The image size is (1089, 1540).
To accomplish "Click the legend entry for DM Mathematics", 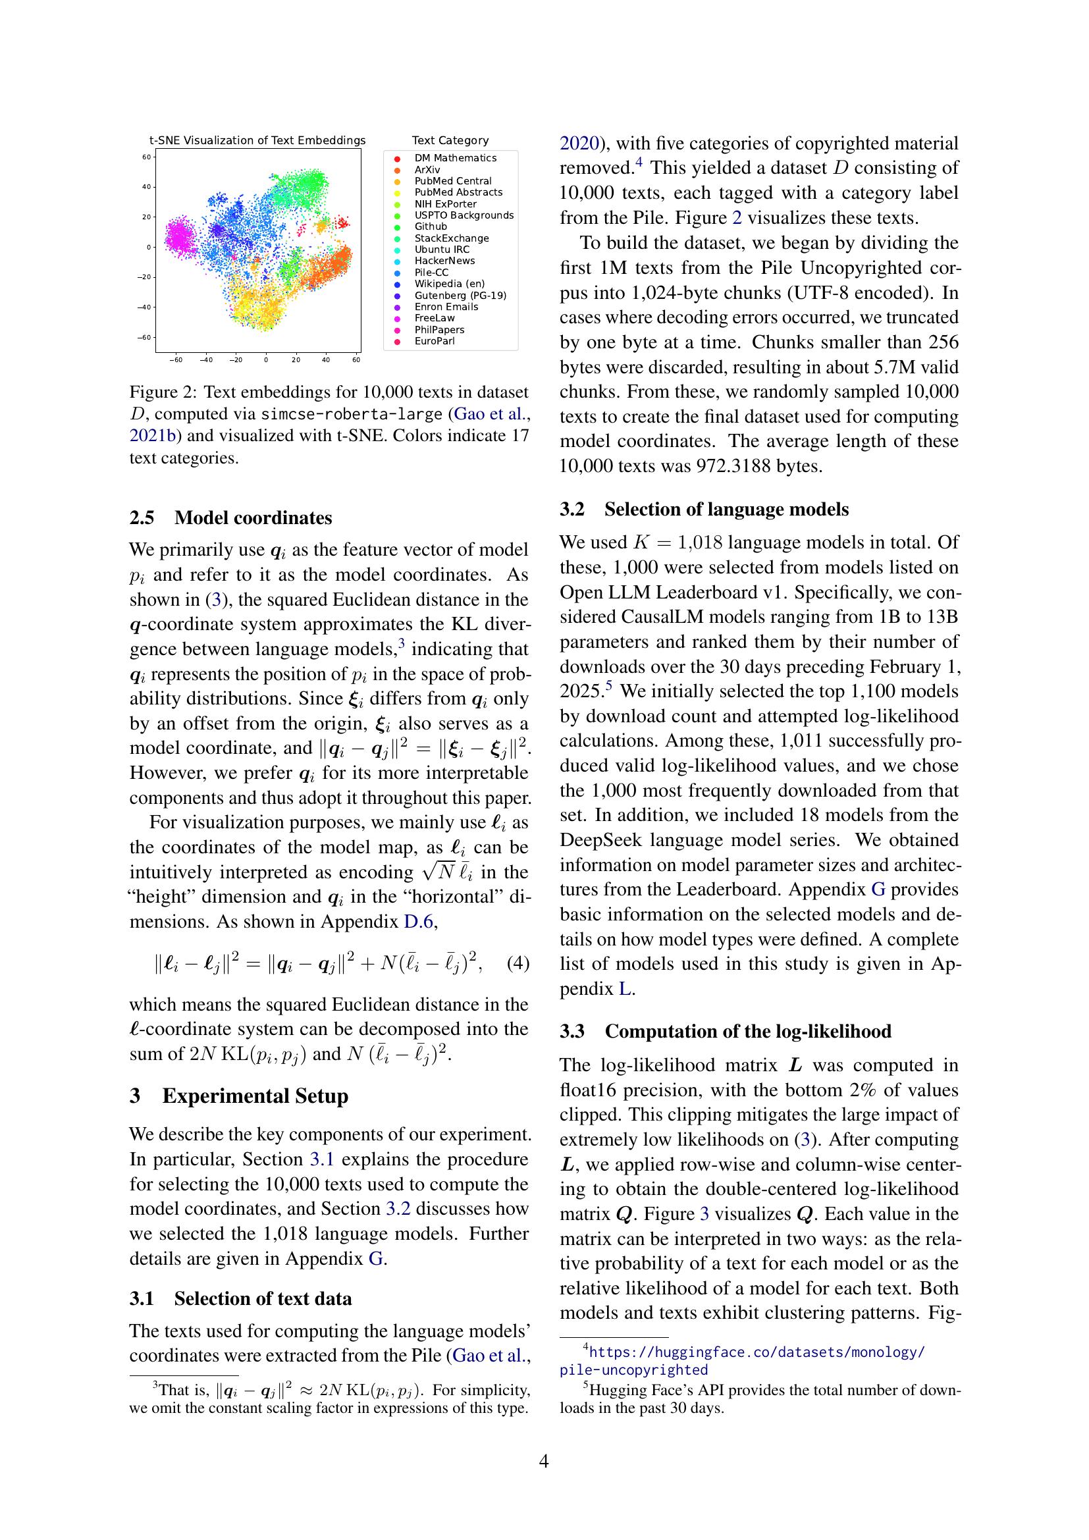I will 455,157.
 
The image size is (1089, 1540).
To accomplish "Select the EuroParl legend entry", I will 434,341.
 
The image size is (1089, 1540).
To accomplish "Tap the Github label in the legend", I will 430,226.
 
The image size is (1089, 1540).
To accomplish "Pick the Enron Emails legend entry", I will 445,307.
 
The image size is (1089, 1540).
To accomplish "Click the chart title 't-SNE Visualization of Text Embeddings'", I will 257,140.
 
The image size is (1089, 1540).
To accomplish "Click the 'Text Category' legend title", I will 450,140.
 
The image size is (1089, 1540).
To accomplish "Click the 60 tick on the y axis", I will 146,157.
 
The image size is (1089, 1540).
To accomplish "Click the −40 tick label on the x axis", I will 206,359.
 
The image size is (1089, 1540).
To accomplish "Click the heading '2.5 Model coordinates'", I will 230,517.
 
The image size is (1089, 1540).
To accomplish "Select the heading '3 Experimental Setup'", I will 239,1096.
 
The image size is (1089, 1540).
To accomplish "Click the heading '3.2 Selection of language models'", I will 704,509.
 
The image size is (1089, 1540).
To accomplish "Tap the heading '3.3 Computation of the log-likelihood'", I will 726,1031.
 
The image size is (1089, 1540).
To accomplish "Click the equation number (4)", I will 518,963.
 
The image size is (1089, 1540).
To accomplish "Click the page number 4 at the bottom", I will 544,1461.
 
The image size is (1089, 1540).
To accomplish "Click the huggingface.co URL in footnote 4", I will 757,1352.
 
